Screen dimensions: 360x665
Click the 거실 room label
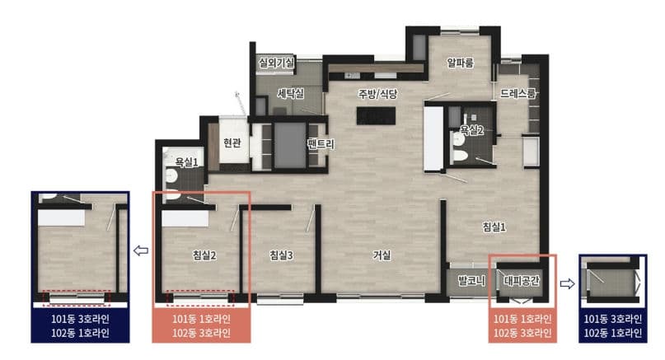click(382, 255)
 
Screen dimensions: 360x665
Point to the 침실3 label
click(281, 255)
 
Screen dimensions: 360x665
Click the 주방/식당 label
click(377, 93)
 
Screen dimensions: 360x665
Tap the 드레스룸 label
click(517, 95)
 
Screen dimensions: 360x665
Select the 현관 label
click(232, 143)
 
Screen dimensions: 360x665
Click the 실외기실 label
click(276, 62)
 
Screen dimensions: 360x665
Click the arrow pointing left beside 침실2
click(140, 250)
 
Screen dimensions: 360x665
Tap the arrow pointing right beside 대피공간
click(569, 282)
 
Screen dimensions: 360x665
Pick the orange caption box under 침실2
click(201, 326)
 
